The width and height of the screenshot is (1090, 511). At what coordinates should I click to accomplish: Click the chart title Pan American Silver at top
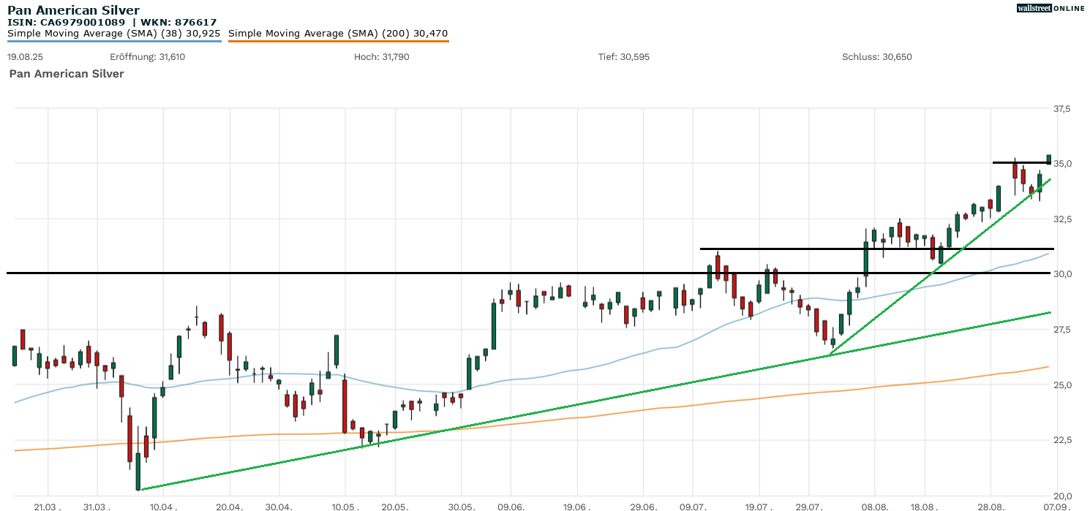click(73, 10)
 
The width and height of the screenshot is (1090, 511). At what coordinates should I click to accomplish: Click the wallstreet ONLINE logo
click(1050, 8)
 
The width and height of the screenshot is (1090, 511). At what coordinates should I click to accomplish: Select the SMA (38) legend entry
click(113, 34)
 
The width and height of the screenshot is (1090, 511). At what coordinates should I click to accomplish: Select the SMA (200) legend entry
click(338, 34)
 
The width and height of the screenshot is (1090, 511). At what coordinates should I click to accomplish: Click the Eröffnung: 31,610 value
click(147, 57)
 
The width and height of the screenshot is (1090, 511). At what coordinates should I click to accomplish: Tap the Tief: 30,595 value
click(623, 57)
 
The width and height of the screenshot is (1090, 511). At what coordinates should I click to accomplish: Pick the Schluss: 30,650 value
click(877, 57)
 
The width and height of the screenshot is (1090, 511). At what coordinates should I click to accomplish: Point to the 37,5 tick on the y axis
click(1061, 109)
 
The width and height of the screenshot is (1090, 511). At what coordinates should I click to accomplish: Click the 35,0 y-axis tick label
click(1061, 164)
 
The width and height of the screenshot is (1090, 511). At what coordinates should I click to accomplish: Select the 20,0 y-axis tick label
click(1061, 496)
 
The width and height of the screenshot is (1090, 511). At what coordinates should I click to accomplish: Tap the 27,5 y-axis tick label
click(1061, 330)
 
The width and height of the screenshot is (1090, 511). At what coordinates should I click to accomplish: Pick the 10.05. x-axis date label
click(345, 506)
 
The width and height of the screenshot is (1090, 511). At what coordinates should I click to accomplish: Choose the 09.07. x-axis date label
click(692, 506)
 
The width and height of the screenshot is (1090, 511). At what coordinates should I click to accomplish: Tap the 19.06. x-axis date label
click(577, 506)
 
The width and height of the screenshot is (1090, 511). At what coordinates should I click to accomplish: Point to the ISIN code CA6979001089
click(80, 22)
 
